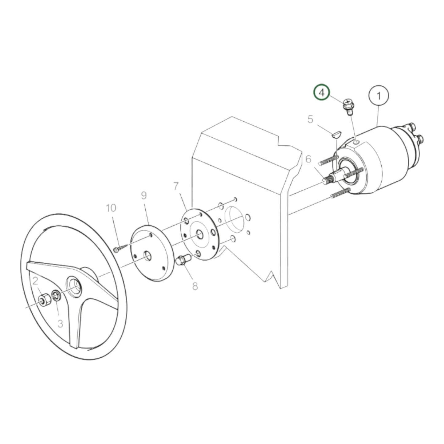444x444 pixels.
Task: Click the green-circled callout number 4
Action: [321, 92]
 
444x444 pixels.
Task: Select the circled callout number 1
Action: [379, 96]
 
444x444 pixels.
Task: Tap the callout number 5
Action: [310, 119]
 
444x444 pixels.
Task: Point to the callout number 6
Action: [308, 159]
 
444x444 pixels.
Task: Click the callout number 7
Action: [176, 186]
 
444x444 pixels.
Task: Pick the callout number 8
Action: [195, 286]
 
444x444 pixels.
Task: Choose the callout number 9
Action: [144, 195]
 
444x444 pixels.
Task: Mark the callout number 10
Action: [111, 208]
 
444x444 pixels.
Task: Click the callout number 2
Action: [35, 281]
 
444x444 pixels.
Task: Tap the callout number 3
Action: [60, 324]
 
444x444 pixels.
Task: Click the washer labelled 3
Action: [56, 296]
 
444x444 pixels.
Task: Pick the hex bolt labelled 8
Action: [183, 261]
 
